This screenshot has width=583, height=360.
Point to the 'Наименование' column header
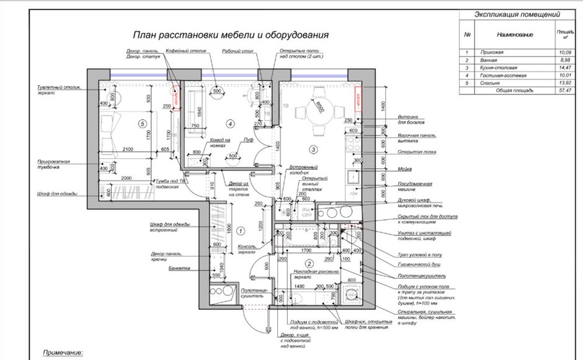coord(515,35)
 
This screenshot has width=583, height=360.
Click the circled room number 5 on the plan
coord(142,123)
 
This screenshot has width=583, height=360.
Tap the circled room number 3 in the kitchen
coord(313,149)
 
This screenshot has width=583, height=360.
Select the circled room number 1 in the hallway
coord(240,231)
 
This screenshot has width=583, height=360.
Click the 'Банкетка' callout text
coord(179,269)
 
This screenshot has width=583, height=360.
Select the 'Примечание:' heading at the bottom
coord(63,352)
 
